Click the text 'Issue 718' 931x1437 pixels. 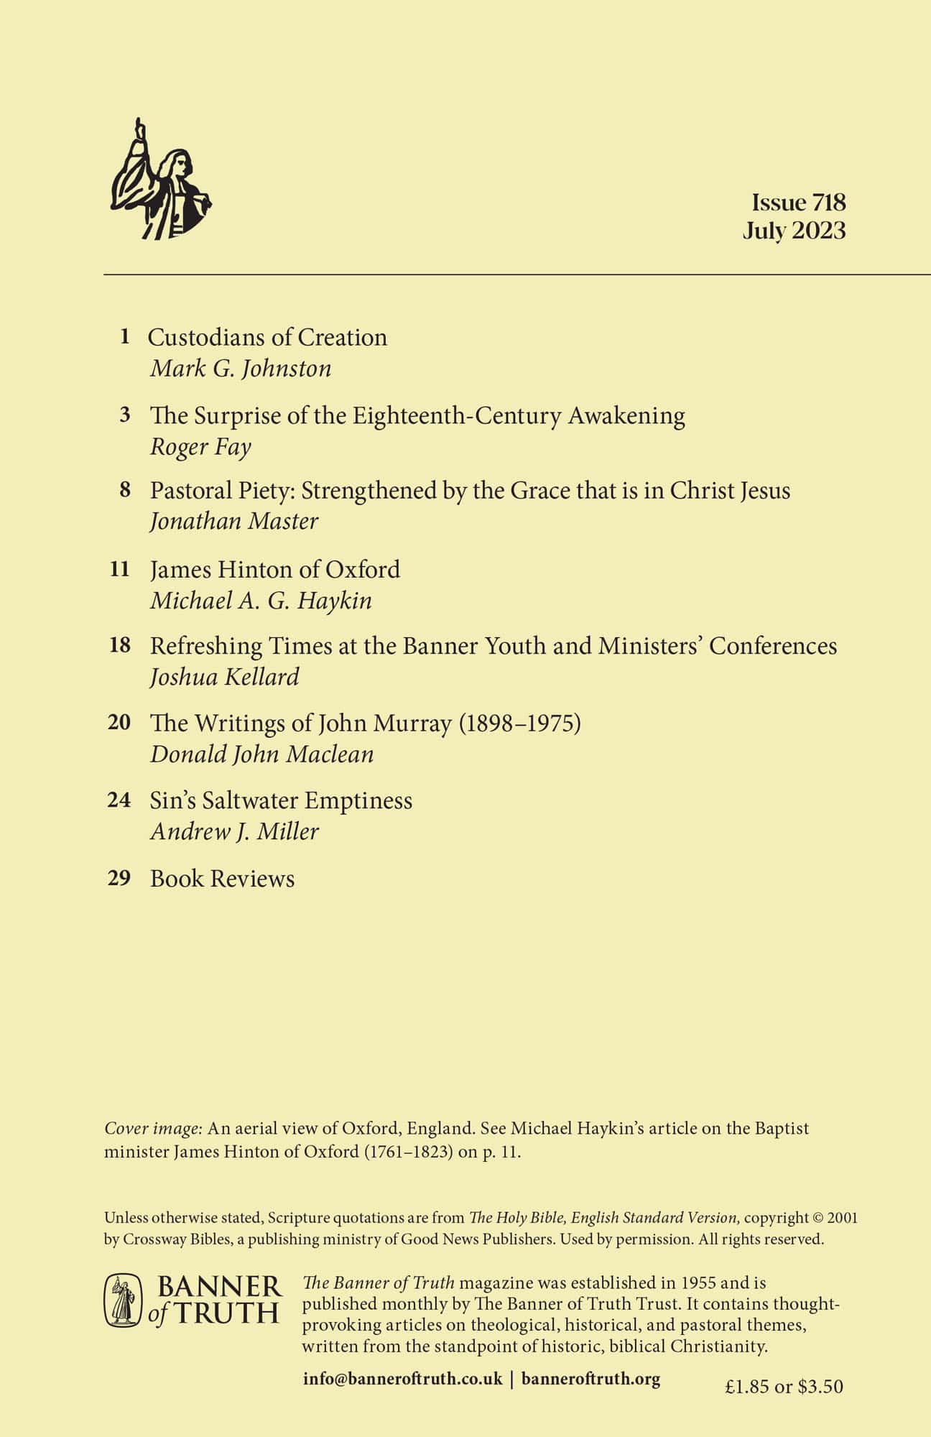click(799, 202)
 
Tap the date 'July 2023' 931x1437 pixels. click(794, 231)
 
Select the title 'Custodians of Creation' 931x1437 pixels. click(267, 337)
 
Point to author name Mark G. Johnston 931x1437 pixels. click(241, 369)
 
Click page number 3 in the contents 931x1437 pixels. click(125, 415)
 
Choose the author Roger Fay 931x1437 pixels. click(200, 447)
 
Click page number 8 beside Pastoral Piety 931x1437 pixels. click(125, 490)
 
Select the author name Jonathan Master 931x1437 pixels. click(234, 521)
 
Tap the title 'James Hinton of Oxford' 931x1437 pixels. click(275, 569)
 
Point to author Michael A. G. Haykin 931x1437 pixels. click(261, 600)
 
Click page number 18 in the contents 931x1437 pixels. click(120, 645)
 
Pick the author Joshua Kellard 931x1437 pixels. click(224, 677)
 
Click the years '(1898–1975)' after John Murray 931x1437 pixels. click(519, 723)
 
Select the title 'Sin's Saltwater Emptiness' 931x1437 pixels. click(281, 800)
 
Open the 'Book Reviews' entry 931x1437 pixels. click(222, 879)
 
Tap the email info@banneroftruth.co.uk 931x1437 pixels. click(402, 1379)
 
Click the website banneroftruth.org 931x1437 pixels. click(590, 1379)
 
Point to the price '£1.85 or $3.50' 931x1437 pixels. click(784, 1386)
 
